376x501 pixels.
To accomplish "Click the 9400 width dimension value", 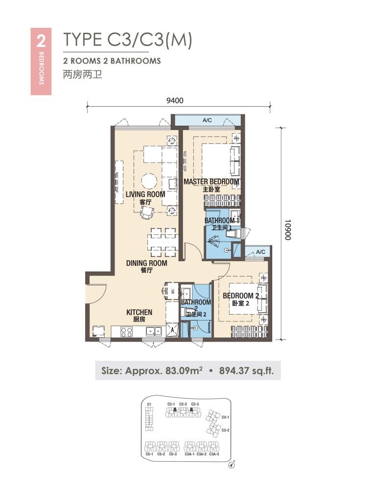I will pyautogui.click(x=175, y=100).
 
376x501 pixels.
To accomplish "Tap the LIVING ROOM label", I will pyautogui.click(x=145, y=194).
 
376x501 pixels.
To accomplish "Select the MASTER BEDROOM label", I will pyautogui.click(x=211, y=182).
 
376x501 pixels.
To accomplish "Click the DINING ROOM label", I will pyautogui.click(x=146, y=263).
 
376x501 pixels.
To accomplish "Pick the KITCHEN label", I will pyautogui.click(x=139, y=312).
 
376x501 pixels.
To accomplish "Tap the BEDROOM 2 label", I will pyautogui.click(x=241, y=296).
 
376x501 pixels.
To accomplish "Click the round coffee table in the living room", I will pyautogui.click(x=149, y=182).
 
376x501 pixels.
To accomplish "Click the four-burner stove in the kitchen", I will pyautogui.click(x=126, y=332).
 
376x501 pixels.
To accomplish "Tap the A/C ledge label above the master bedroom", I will pyautogui.click(x=207, y=120).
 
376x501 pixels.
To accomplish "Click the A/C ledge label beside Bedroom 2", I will pyautogui.click(x=260, y=252).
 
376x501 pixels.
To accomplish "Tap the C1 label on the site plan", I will pyautogui.click(x=150, y=404).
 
